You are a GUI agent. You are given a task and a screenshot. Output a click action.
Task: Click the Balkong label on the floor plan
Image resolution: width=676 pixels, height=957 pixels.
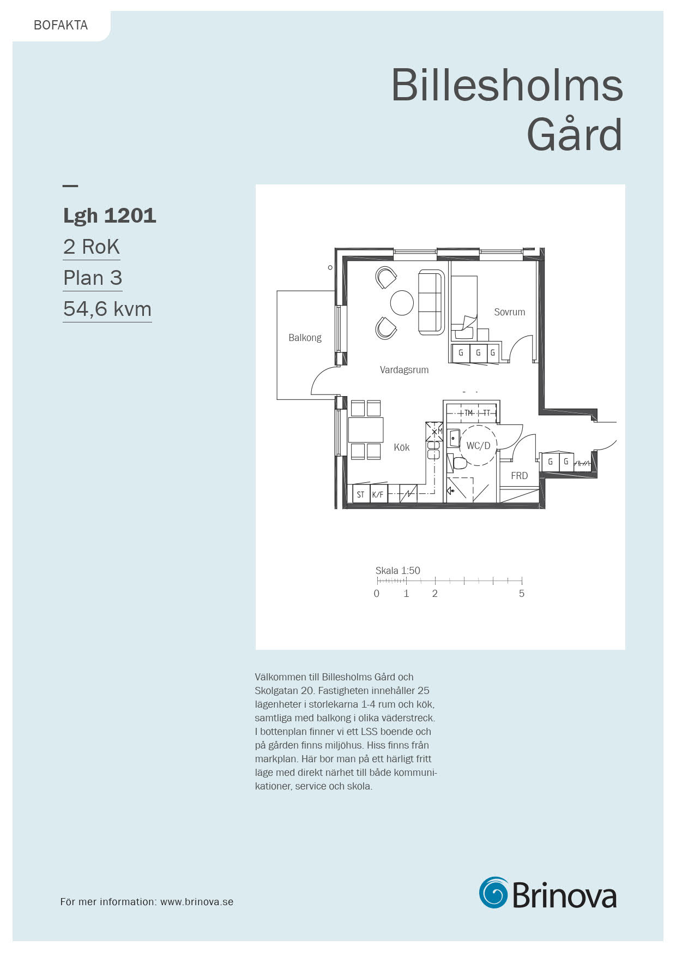pos(305,338)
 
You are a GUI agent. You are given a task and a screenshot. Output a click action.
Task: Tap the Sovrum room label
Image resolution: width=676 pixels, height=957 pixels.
pos(510,312)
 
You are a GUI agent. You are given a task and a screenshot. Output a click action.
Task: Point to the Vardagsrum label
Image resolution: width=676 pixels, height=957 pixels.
pos(404,370)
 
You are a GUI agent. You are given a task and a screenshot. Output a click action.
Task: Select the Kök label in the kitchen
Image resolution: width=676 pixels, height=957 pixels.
pos(402,447)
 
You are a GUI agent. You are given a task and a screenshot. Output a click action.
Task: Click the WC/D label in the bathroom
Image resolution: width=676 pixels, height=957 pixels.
pos(478,446)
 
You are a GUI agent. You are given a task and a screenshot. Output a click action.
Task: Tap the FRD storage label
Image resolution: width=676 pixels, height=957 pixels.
pos(519,476)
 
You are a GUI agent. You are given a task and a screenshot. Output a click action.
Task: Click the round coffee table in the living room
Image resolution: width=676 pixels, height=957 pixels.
pos(402,302)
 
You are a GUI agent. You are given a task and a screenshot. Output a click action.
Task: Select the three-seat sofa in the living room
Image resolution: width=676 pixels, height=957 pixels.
pos(432,302)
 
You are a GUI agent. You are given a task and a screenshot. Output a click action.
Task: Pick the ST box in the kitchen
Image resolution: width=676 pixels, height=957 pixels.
pos(361,494)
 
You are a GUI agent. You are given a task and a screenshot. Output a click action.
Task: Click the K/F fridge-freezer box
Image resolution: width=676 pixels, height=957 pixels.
pos(378,494)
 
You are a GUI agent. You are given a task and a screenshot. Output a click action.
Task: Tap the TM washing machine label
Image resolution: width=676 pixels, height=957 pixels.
pos(468,413)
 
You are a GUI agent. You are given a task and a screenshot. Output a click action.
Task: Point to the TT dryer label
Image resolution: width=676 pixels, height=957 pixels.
pos(486,413)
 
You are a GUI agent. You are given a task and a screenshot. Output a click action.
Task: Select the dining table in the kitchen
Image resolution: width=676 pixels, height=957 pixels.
pos(365,429)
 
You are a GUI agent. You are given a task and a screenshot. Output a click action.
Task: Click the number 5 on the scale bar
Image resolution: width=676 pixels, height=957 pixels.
pos(522,594)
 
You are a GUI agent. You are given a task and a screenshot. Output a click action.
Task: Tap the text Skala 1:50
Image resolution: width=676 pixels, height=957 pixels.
pos(398,571)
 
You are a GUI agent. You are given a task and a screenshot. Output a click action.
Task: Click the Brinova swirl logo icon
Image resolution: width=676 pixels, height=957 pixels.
pos(493,893)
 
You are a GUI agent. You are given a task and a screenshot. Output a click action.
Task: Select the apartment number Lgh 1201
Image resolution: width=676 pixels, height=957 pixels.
pos(110,216)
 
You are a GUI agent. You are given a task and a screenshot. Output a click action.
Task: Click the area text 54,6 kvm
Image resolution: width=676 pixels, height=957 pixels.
pos(107,309)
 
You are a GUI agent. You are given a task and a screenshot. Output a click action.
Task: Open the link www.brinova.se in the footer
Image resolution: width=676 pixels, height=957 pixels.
pos(197,902)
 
